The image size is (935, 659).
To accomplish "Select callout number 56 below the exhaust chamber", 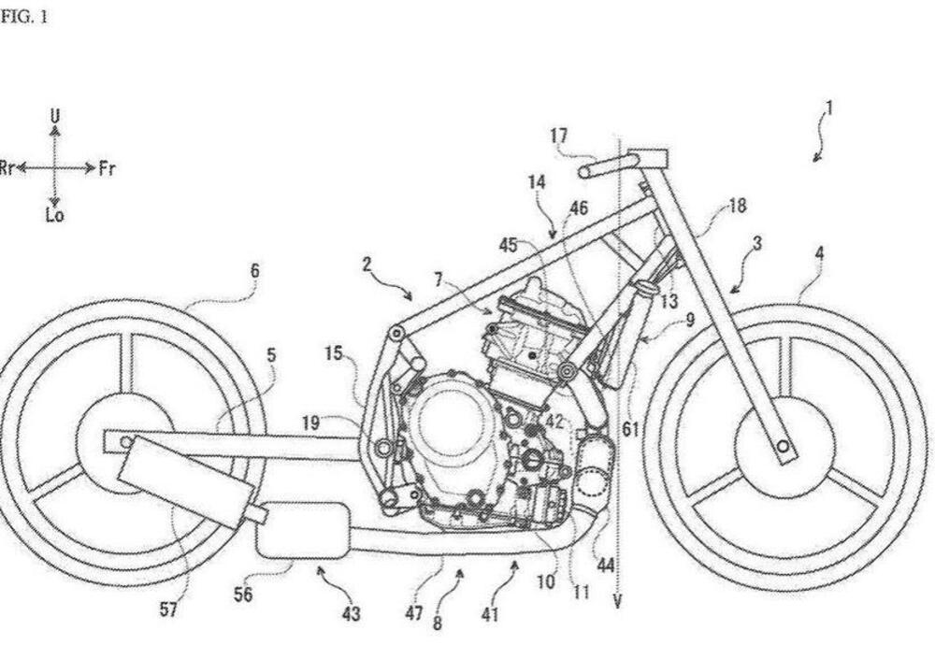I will (242, 595).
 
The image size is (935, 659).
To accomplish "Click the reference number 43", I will (351, 614).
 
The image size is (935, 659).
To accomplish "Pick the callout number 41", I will (490, 614).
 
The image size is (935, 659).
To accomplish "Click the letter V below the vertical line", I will (617, 602).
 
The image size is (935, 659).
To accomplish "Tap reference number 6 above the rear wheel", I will (254, 271).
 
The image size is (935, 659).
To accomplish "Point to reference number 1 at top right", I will (827, 109).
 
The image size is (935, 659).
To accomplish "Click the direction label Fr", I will (108, 169).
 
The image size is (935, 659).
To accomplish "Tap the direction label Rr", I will (9, 169).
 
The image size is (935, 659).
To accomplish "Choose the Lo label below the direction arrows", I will (55, 216).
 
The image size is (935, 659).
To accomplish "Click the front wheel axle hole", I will (783, 446).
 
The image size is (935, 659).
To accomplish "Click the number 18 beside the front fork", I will (738, 206).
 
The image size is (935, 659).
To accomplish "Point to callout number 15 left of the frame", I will (334, 353).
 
